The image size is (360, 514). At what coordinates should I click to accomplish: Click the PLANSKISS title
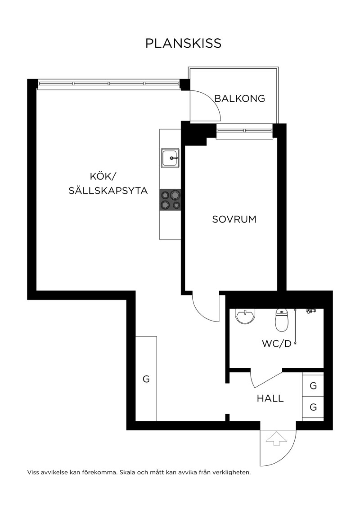(183, 43)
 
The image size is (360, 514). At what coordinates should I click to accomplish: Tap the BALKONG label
(240, 98)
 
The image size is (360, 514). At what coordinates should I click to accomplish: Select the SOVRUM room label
(234, 219)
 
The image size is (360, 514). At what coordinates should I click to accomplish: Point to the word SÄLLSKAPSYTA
(108, 191)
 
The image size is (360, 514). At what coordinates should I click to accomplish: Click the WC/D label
(277, 344)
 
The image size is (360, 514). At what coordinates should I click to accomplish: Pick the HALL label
(270, 398)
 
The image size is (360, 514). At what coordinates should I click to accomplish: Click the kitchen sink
(170, 158)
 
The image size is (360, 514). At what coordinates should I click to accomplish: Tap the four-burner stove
(170, 200)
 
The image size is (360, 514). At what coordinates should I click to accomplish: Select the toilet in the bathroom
(282, 320)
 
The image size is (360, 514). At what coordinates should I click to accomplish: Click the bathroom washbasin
(245, 316)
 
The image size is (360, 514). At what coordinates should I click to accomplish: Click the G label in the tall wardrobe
(146, 379)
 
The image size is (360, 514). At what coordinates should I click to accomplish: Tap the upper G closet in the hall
(313, 385)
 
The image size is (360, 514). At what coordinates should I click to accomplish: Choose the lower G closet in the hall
(313, 407)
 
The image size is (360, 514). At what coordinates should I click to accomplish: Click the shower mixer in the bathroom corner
(311, 311)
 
